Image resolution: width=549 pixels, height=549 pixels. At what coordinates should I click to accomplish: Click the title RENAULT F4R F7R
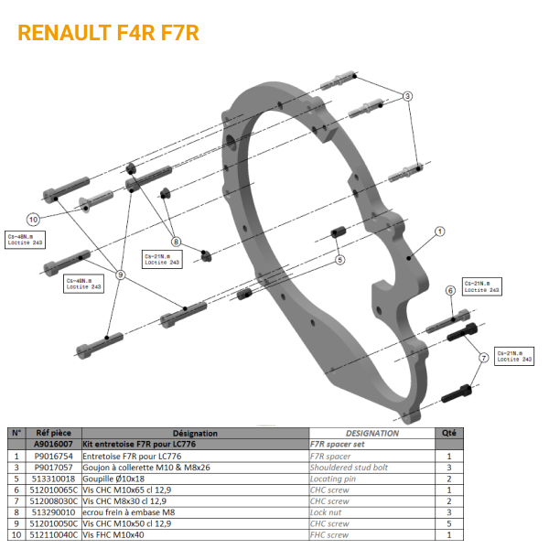108,33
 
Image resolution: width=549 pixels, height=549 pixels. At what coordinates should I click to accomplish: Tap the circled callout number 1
440,232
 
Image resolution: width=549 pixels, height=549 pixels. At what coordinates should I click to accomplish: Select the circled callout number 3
408,96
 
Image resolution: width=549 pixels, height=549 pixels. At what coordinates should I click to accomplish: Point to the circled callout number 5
339,260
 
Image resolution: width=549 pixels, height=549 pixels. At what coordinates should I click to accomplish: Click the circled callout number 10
33,220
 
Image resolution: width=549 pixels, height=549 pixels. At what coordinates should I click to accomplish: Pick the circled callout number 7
483,359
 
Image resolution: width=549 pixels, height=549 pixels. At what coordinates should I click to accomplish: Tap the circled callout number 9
121,274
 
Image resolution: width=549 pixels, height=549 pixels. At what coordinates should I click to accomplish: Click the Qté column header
449,434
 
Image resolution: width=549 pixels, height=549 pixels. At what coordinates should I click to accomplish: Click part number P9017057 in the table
54,467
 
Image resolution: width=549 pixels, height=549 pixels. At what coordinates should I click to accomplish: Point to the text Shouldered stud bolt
350,467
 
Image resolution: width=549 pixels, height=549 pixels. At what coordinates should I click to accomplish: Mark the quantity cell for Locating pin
449,478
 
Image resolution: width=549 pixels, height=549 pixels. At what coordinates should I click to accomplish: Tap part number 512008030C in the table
54,501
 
